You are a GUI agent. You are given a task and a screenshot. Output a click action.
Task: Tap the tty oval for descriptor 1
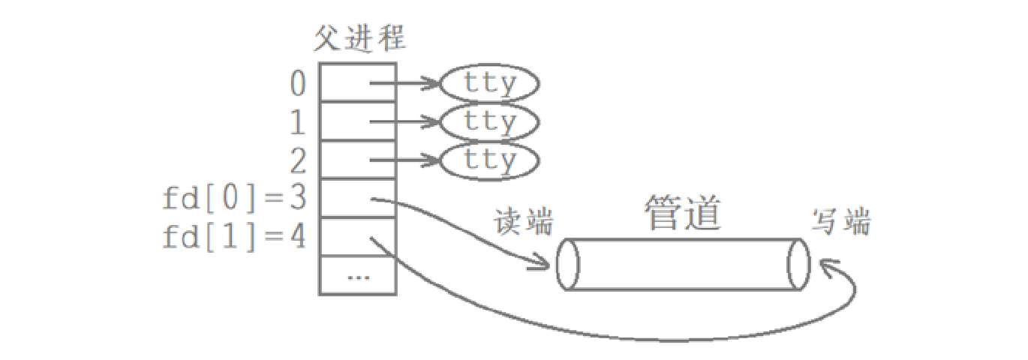(x=489, y=121)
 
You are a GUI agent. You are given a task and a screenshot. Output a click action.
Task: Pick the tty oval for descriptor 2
(x=489, y=160)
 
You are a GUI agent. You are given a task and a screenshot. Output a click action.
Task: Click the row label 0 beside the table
(x=299, y=83)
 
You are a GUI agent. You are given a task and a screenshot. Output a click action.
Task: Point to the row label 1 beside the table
(x=299, y=121)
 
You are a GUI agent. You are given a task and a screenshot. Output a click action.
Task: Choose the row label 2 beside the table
(x=299, y=160)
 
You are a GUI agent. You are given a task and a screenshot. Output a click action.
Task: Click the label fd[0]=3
(x=235, y=199)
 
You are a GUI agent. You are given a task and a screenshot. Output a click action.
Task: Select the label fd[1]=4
(x=235, y=238)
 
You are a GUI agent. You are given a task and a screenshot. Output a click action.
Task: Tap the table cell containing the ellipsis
(x=358, y=275)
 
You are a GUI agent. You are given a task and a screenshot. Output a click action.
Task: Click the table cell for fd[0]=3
(x=358, y=199)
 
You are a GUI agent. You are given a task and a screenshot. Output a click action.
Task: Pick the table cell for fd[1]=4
(x=358, y=238)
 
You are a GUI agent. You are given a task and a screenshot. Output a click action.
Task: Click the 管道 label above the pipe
(x=683, y=214)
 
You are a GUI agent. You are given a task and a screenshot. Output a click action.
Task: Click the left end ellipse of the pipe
(x=568, y=265)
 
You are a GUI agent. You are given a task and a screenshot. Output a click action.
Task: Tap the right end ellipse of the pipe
(x=798, y=265)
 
